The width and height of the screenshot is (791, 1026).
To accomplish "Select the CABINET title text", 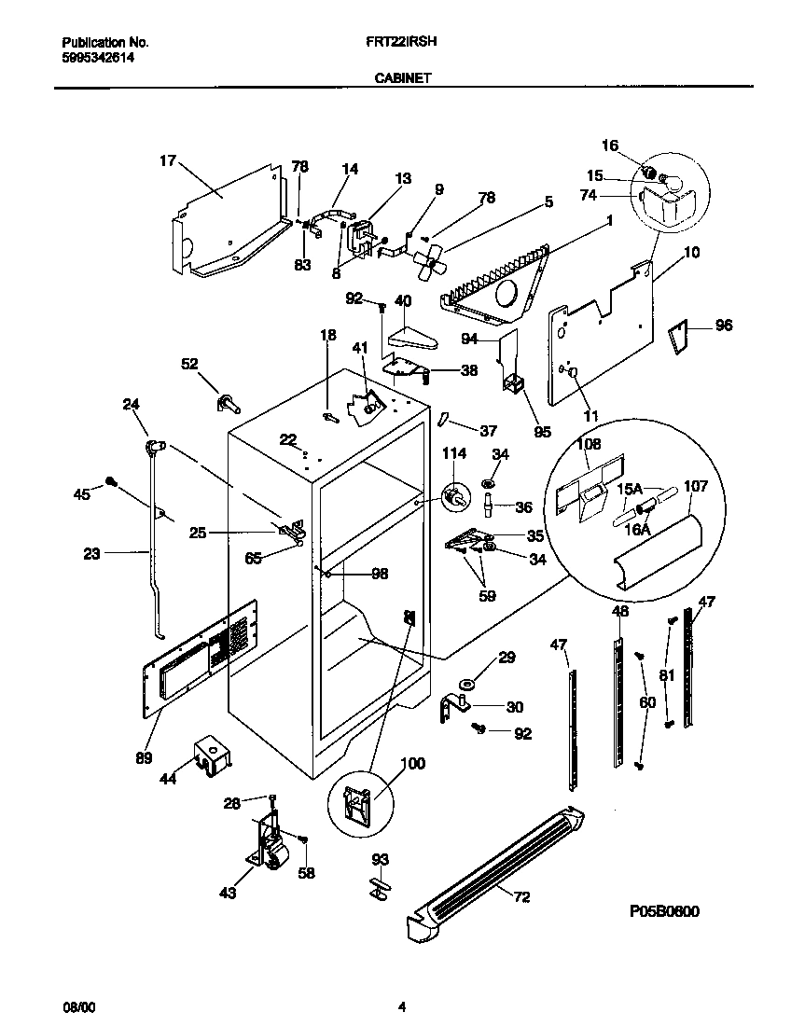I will click(402, 79).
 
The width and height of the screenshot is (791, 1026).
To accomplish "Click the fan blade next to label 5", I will click(426, 260).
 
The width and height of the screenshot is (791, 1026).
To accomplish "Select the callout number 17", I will click(167, 160).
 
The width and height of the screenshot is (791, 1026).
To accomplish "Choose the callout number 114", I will click(454, 453).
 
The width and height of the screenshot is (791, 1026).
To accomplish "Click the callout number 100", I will click(412, 764).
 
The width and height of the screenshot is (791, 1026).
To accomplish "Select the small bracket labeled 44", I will click(212, 753).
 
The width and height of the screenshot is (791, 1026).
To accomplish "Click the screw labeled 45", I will click(111, 480).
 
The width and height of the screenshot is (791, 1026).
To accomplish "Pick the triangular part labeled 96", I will click(679, 336).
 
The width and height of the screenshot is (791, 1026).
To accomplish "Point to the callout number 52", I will click(188, 365).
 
